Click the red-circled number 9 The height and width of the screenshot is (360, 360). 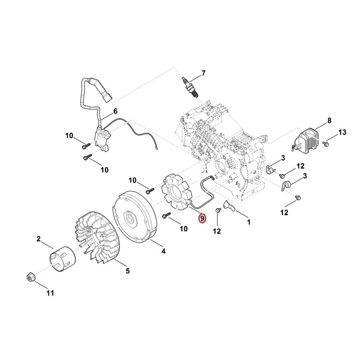(202, 218)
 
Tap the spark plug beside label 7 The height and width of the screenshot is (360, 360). (189, 87)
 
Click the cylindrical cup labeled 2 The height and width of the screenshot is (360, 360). (63, 259)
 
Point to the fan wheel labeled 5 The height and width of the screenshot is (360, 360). (97, 237)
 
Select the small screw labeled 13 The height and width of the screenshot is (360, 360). (325, 144)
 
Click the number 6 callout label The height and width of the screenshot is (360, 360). (115, 111)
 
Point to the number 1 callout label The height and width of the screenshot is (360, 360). (248, 222)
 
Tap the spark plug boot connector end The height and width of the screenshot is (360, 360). (107, 97)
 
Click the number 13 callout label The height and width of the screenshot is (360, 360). (342, 132)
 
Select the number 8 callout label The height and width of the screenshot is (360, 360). (329, 121)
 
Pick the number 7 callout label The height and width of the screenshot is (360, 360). (203, 73)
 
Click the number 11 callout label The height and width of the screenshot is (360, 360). (50, 293)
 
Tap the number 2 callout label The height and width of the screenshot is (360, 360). (38, 239)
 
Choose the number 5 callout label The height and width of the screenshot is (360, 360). (128, 271)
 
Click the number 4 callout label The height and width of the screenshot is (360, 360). (163, 251)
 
